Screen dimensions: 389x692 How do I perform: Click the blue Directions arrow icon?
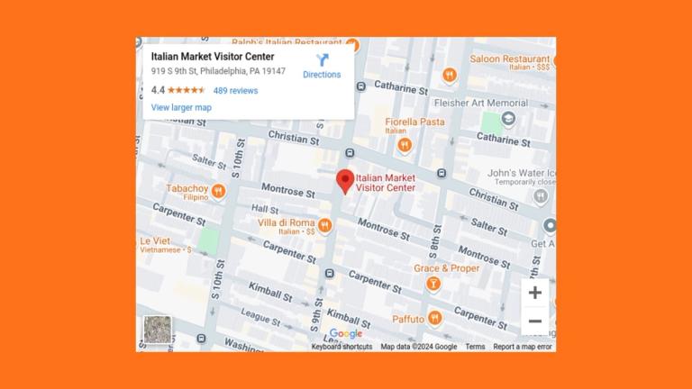322,61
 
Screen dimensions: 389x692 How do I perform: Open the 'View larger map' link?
181,107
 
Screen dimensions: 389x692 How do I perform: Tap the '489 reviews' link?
235,90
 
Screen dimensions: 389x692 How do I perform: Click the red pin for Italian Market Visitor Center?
345,181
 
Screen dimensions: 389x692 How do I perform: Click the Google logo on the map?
345,334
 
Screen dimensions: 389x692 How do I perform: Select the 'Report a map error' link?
523,347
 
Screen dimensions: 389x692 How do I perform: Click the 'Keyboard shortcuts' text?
341,347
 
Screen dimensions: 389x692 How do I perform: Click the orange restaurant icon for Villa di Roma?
324,224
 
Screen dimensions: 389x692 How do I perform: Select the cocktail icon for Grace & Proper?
433,285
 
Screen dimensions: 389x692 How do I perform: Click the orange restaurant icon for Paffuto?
435,318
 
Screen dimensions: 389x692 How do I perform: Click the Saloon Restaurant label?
509,59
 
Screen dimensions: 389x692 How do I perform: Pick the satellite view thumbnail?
157,330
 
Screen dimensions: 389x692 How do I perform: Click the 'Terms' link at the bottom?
475,347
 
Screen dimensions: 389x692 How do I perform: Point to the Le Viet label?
155,241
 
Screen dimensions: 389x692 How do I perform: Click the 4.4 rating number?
158,90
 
